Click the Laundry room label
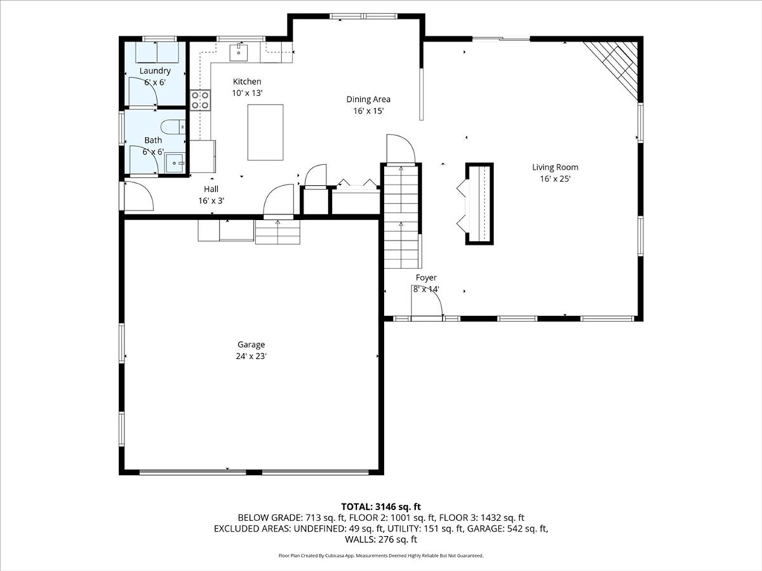tap(155, 71)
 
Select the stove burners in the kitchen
tap(199, 100)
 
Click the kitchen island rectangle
tap(265, 132)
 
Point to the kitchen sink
tap(240, 52)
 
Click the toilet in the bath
tap(172, 126)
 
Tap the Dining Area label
tap(368, 99)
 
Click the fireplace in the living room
tap(478, 203)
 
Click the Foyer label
tap(426, 277)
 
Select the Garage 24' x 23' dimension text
tap(252, 356)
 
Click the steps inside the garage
tap(278, 232)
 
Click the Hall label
tap(211, 189)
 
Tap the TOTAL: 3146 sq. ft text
tap(381, 506)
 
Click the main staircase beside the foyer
tap(401, 216)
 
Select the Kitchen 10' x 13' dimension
tap(247, 93)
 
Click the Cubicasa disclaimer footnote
tap(381, 555)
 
